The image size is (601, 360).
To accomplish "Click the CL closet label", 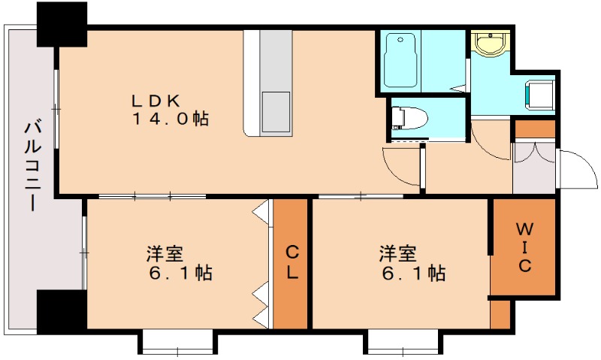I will coord(291,263).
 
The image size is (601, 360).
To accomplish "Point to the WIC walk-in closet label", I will coord(524,247).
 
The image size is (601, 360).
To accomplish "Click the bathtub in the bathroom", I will coord(399,61).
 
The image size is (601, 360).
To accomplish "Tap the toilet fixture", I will coord(410,118).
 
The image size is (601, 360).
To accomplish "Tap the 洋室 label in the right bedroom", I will coord(397,254).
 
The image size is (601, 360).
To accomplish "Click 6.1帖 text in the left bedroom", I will coord(180,273).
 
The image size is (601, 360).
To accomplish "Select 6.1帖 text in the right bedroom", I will coord(412,273).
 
